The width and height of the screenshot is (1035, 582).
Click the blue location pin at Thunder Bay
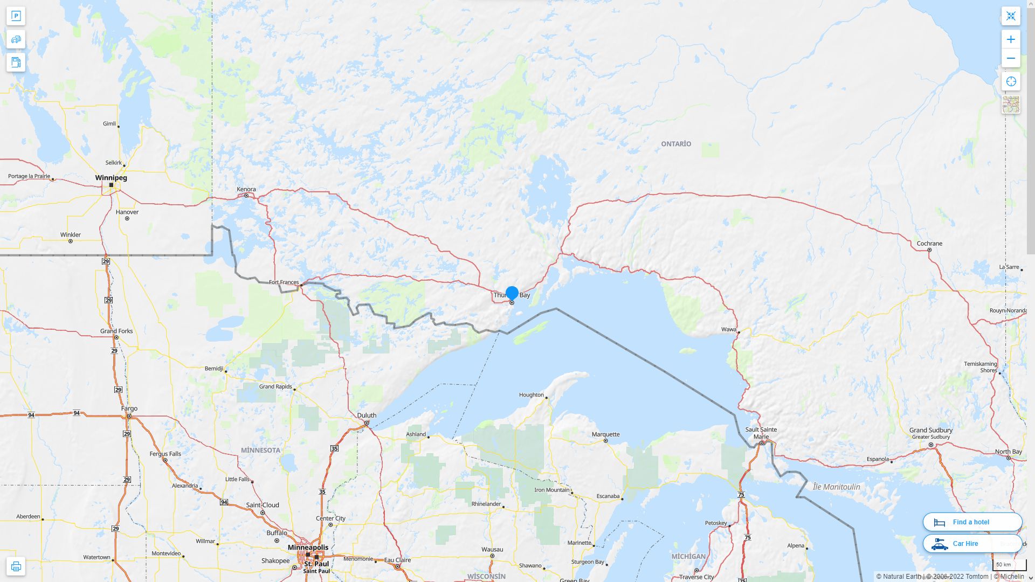tap(512, 293)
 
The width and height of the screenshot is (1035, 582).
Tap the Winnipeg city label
tap(111, 178)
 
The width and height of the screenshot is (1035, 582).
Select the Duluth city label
tap(367, 415)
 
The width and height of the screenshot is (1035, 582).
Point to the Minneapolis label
tap(308, 548)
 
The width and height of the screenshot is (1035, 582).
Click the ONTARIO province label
tap(676, 144)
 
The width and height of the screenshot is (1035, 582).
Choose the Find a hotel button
tap(972, 522)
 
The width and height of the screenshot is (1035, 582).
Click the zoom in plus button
tap(1011, 39)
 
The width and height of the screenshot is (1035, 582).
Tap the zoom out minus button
tap(1011, 58)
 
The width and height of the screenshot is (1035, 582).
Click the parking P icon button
tap(16, 16)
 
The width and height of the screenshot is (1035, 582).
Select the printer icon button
tap(16, 566)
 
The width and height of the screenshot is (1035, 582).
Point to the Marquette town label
tap(605, 434)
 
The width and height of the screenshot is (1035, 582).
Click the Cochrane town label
tap(929, 244)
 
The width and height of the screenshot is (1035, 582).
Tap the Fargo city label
tap(129, 408)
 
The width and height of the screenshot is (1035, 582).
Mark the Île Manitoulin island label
tap(836, 487)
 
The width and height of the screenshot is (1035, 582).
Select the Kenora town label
tap(246, 189)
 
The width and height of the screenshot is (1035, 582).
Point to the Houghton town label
tap(531, 395)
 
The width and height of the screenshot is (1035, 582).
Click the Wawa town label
tap(728, 329)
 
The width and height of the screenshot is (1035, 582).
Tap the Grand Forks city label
tap(116, 331)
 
